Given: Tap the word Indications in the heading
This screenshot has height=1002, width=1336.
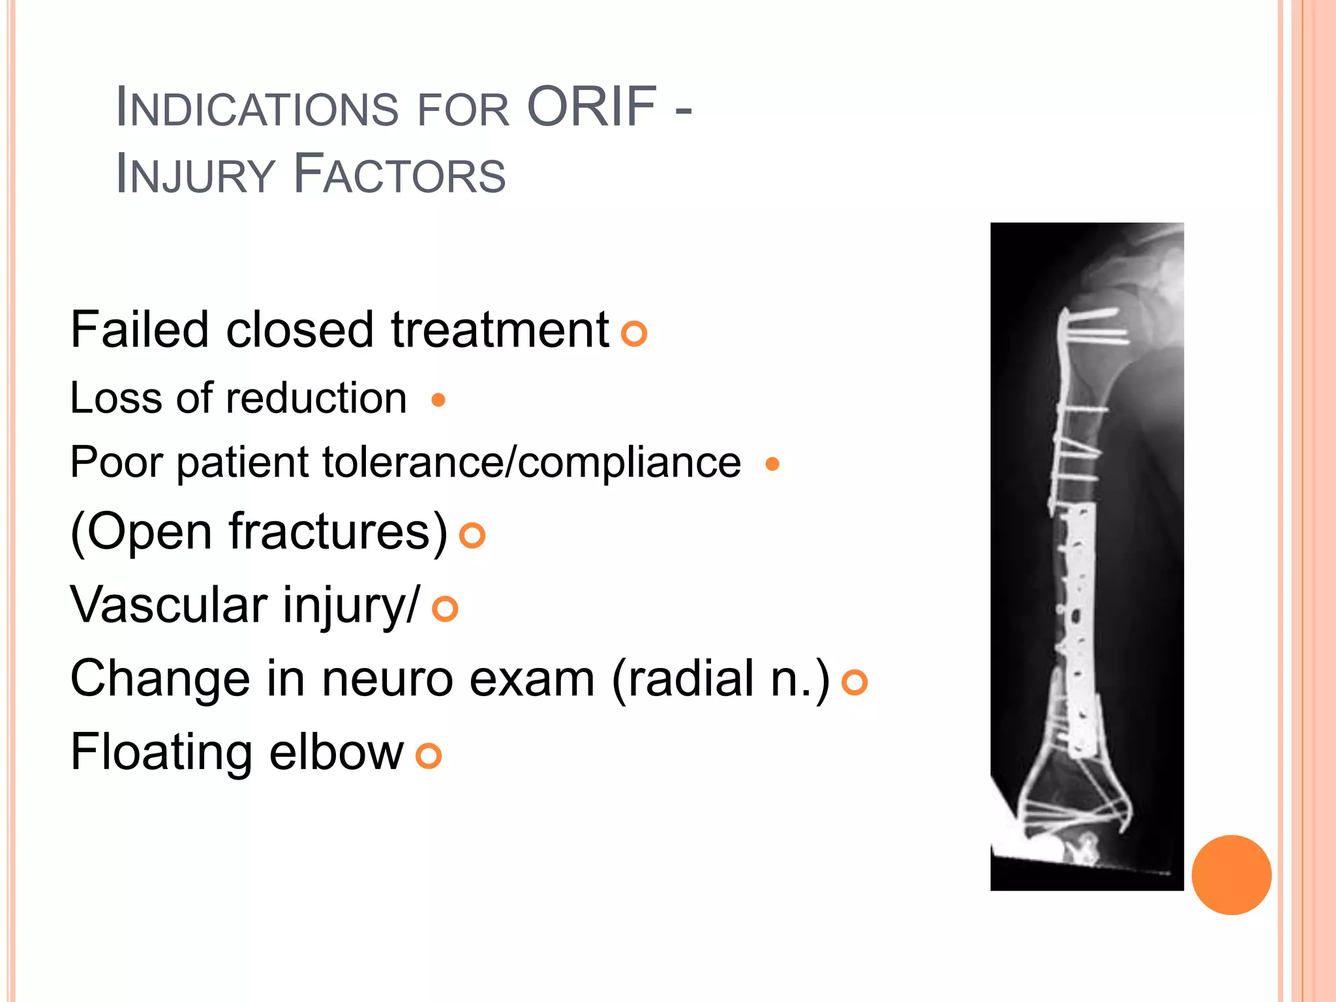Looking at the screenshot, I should point(256,108).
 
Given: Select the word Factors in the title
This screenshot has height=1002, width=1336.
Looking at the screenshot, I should point(399,174).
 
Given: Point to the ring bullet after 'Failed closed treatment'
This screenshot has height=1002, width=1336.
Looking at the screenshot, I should point(633,333).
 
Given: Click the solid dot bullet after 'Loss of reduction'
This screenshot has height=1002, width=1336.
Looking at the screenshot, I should point(438,399).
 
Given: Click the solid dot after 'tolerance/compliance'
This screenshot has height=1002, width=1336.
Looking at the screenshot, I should point(772,464).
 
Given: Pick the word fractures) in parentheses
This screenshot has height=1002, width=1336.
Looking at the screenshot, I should point(338,532).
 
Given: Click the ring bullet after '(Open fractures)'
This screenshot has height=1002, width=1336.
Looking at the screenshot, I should point(472,536).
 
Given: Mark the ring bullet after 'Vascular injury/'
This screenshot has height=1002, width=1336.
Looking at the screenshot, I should point(445,609).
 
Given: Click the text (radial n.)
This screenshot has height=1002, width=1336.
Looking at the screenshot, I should point(721,679).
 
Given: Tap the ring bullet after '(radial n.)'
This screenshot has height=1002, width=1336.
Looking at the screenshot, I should point(854,682).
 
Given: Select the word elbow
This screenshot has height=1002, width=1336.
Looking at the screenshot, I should point(336,752).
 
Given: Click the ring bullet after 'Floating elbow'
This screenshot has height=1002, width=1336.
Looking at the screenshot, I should point(429,756).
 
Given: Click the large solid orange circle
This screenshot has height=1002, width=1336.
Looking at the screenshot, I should point(1231,875).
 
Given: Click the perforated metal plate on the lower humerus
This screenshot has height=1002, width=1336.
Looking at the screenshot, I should point(1080,626).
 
